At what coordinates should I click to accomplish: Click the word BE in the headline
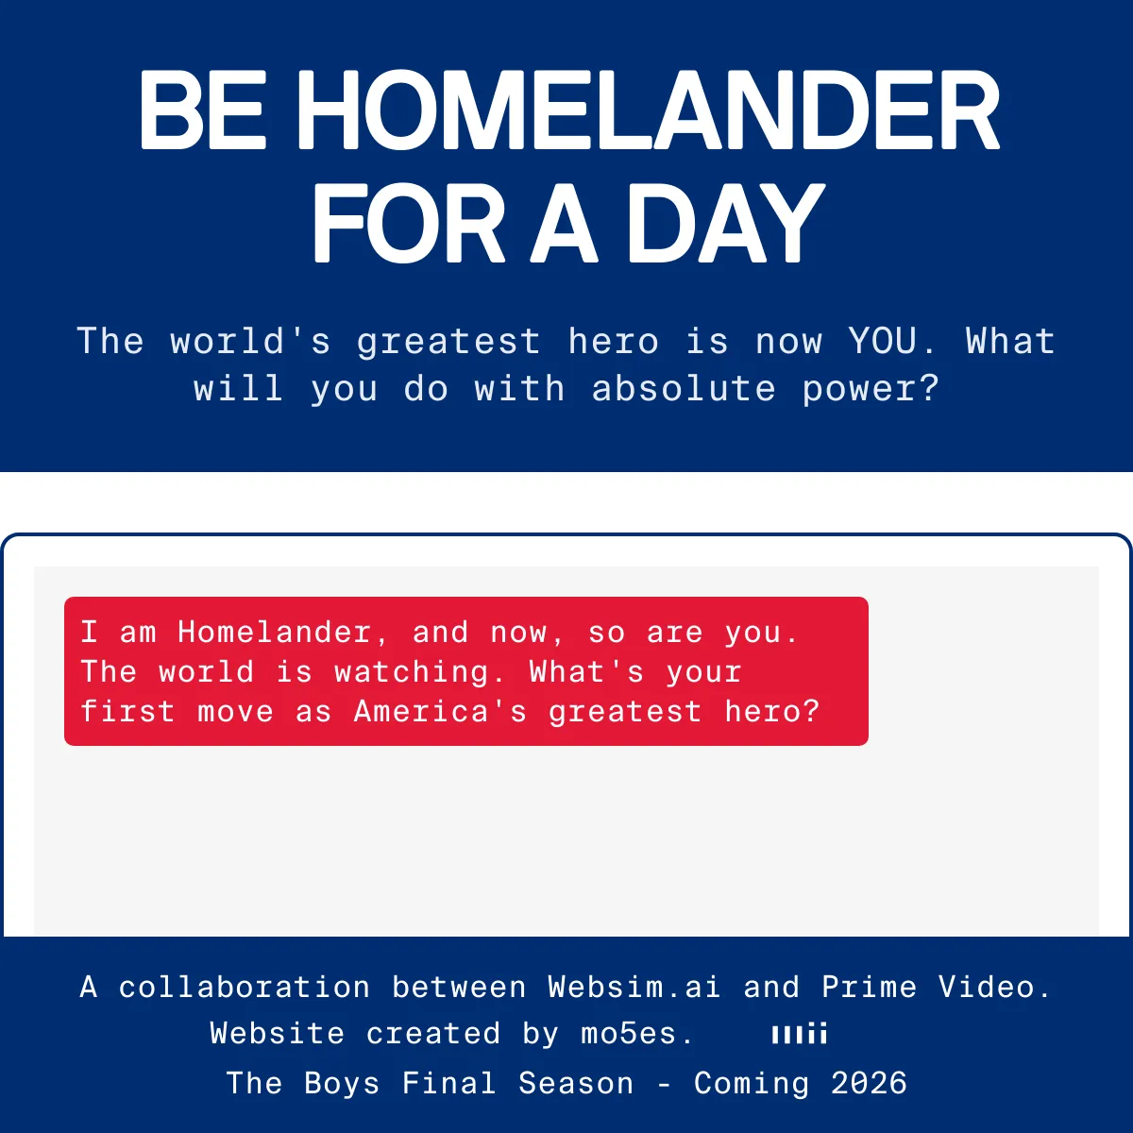(x=202, y=110)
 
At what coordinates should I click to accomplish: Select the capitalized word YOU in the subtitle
(x=882, y=341)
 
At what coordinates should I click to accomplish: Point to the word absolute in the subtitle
(x=684, y=389)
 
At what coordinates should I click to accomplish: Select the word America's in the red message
(x=439, y=711)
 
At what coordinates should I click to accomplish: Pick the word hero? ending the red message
(x=771, y=711)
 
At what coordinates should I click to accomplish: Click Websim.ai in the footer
(x=634, y=987)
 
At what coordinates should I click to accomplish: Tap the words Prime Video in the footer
(x=936, y=987)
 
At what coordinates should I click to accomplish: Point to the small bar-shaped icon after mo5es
(x=800, y=1033)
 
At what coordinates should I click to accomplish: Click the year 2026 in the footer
(x=869, y=1083)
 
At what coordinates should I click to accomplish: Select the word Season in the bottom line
(x=576, y=1083)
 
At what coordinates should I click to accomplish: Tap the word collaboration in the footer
(x=245, y=987)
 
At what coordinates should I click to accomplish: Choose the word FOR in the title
(x=408, y=223)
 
